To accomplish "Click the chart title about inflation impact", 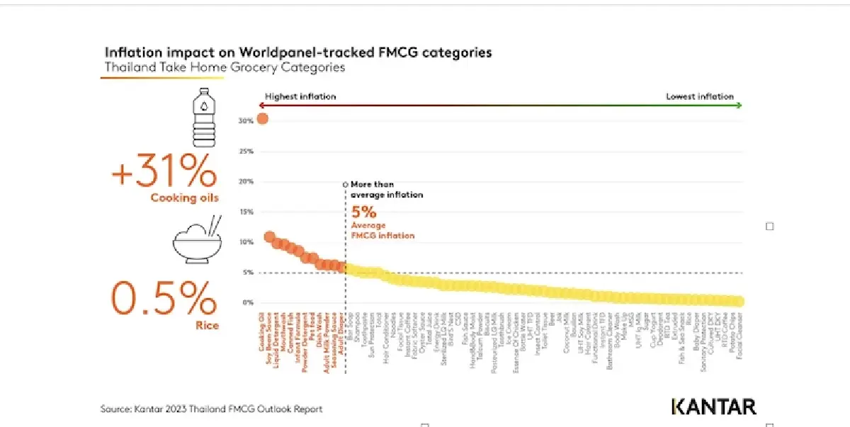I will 297,53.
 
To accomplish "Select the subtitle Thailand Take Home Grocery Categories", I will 225,68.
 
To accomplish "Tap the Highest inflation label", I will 300,96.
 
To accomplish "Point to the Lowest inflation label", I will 699,96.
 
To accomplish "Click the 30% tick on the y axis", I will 245,121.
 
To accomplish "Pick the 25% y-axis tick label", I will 245,152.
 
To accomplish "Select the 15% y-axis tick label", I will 245,212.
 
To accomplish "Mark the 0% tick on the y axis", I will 246,302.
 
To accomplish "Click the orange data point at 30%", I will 262,118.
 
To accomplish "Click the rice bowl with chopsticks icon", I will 198,241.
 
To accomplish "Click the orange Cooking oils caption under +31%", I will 184,198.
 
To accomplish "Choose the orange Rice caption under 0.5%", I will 208,326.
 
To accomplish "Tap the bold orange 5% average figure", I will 360,212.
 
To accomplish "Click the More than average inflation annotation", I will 387,189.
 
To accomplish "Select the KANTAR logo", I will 713,406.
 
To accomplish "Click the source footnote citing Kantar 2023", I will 211,409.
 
